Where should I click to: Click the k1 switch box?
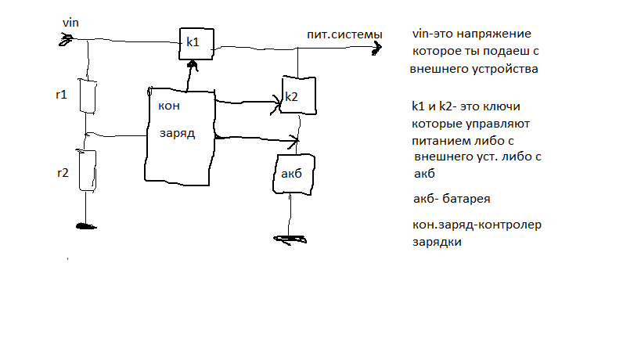pyautogui.click(x=196, y=43)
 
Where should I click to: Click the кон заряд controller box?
pyautogui.click(x=179, y=135)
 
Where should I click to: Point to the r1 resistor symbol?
pyautogui.click(x=88, y=96)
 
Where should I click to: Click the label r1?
pyautogui.click(x=62, y=95)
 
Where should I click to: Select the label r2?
pyautogui.click(x=63, y=173)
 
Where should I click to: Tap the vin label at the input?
pyautogui.click(x=71, y=24)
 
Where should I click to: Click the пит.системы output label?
pyautogui.click(x=345, y=35)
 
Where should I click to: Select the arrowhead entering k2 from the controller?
pyautogui.click(x=275, y=101)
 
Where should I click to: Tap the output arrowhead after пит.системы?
pyautogui.click(x=377, y=49)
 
